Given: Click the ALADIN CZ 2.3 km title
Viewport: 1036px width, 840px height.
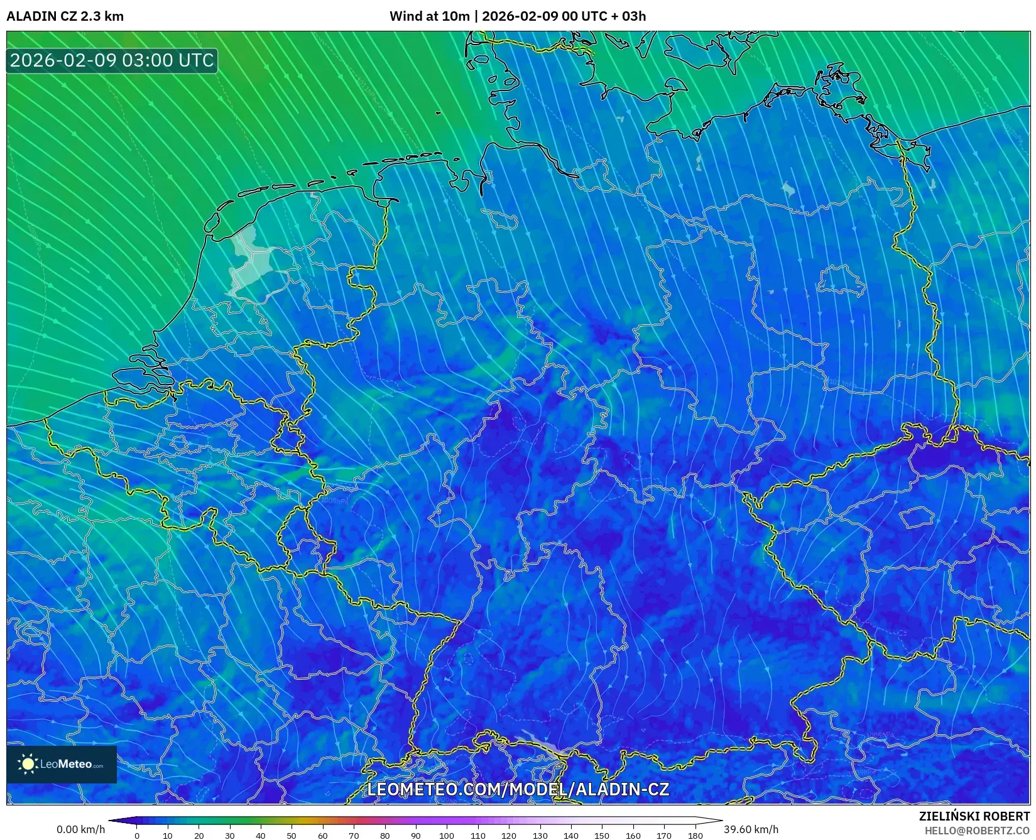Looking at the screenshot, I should [x=65, y=16].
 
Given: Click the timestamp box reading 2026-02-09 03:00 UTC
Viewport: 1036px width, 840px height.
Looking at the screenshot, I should [x=112, y=60].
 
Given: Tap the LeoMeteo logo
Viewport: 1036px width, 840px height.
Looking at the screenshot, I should [x=62, y=764].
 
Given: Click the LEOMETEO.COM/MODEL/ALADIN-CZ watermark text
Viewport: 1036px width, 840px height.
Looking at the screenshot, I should [x=518, y=789].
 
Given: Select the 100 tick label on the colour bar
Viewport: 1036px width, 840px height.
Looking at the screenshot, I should [x=447, y=835].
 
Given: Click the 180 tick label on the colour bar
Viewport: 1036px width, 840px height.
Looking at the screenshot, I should [x=695, y=835].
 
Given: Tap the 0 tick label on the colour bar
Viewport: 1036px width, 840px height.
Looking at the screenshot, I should [x=137, y=835].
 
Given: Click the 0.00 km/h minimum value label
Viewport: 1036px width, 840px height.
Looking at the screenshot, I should [x=80, y=829].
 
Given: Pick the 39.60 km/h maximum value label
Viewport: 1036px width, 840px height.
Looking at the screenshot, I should [x=751, y=829].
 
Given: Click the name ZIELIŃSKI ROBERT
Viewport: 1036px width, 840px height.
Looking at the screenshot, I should [x=974, y=817].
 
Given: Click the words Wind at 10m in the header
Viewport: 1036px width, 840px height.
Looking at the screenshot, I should [x=429, y=16].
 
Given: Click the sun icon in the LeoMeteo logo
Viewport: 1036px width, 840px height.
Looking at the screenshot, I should [x=28, y=764].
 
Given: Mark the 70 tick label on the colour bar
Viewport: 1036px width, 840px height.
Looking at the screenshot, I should [x=354, y=835].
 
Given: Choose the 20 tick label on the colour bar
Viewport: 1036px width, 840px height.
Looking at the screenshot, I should [x=199, y=835].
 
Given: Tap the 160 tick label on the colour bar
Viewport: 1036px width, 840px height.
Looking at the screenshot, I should [x=633, y=835].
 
